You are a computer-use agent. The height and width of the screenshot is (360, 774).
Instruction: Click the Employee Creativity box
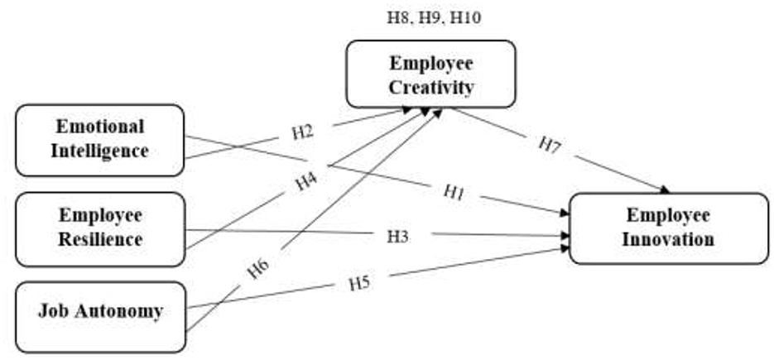click(430, 74)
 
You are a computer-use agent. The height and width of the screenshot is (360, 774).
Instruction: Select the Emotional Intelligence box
click(99, 140)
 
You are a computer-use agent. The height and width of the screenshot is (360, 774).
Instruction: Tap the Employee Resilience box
click(99, 228)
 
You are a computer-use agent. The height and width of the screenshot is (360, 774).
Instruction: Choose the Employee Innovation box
click(668, 228)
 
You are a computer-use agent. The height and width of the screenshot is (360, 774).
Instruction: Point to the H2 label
click(304, 132)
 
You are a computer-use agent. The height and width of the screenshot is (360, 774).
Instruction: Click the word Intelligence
click(99, 151)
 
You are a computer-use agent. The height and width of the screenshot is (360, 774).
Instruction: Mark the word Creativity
click(430, 86)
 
